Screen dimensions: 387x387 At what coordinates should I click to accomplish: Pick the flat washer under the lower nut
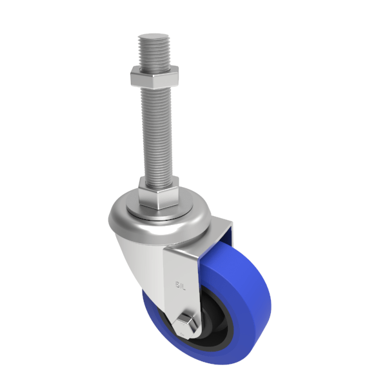tap(157, 210)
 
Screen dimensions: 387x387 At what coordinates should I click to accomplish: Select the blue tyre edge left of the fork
tap(152, 316)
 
